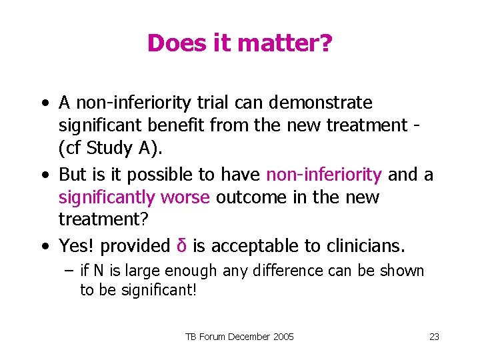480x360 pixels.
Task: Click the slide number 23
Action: (434, 337)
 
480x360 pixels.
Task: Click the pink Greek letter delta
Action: (181, 246)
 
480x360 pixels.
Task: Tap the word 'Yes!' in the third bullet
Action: (78, 246)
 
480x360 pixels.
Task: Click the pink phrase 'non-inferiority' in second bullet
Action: (324, 175)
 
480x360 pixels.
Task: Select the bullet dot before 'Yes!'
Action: (44, 247)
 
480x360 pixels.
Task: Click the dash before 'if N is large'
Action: (68, 271)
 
